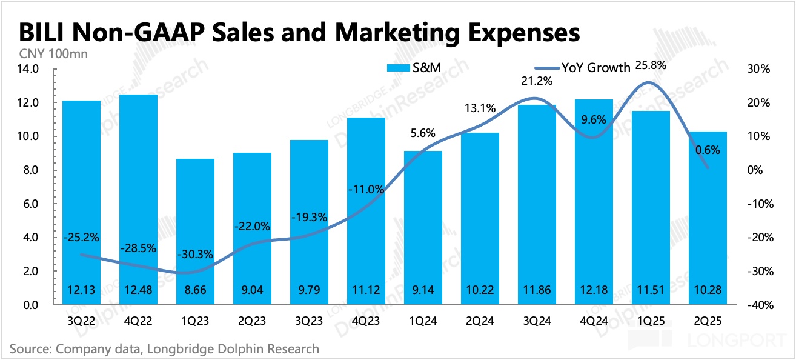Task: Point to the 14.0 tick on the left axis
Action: click(x=30, y=69)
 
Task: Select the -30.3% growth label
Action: click(x=195, y=254)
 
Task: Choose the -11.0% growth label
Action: click(x=366, y=189)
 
